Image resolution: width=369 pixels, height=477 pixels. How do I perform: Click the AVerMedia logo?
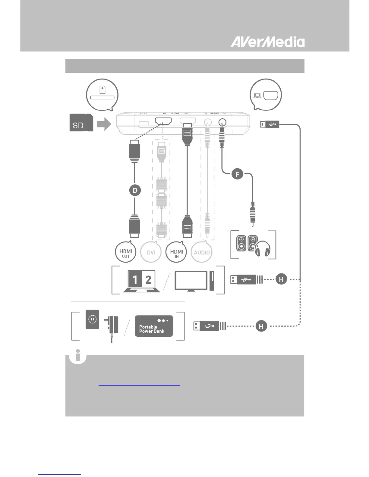click(267, 42)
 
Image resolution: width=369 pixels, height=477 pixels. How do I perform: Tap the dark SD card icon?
click(81, 123)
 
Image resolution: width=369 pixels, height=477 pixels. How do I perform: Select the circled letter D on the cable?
click(135, 190)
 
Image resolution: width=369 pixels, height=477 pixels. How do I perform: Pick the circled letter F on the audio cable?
click(237, 174)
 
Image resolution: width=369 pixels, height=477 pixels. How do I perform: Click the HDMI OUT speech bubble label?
click(126, 253)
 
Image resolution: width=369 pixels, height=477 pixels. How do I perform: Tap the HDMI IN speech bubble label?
click(176, 253)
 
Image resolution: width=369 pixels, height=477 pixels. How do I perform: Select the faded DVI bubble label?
click(151, 253)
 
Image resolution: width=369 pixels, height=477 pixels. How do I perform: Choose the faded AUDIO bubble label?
click(202, 253)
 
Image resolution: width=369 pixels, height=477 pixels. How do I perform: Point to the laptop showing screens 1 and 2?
click(142, 281)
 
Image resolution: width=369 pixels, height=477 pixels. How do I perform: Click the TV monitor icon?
click(191, 281)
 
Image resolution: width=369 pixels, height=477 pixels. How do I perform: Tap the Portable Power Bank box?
click(154, 326)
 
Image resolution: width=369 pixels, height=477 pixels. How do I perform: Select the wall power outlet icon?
click(92, 319)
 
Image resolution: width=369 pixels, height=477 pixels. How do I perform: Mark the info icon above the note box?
click(78, 356)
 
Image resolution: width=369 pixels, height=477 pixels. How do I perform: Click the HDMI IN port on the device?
click(163, 121)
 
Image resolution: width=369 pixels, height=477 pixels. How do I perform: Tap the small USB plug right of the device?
click(269, 124)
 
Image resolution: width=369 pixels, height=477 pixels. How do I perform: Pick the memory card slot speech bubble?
click(102, 95)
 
